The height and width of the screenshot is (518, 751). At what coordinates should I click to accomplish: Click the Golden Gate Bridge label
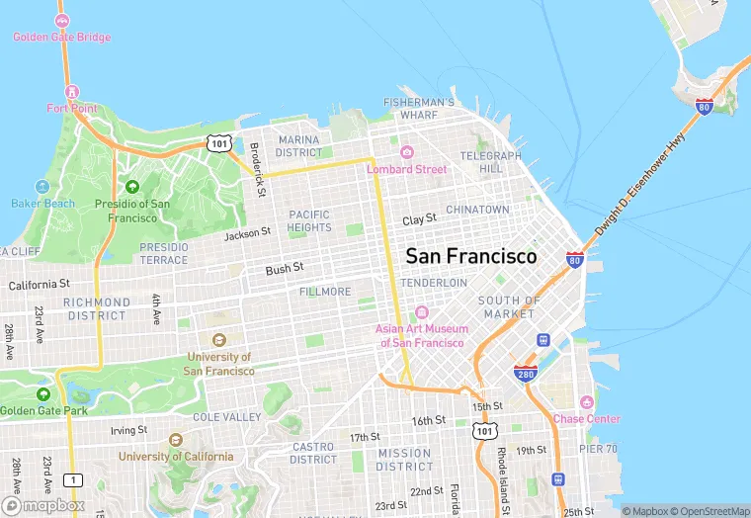click(x=61, y=38)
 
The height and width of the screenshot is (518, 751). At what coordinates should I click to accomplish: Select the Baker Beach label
click(x=42, y=204)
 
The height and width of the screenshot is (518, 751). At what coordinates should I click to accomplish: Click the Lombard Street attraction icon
click(x=406, y=152)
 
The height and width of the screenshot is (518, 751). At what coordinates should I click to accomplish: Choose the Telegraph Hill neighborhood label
click(x=490, y=162)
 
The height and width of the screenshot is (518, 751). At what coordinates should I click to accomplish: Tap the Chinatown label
click(x=477, y=210)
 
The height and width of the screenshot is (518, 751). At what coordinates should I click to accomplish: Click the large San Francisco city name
click(x=471, y=256)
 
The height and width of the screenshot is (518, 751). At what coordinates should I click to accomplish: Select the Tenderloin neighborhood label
click(x=434, y=283)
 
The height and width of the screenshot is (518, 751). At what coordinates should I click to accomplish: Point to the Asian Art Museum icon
click(x=422, y=312)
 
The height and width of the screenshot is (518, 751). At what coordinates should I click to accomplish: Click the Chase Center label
click(x=587, y=418)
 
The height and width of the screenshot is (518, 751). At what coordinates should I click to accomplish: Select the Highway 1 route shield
click(x=71, y=479)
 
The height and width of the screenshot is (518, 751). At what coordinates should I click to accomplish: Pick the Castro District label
click(x=313, y=453)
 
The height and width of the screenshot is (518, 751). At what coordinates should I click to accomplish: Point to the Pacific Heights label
click(x=309, y=220)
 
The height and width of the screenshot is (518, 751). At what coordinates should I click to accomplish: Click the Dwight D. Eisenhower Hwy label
click(x=639, y=185)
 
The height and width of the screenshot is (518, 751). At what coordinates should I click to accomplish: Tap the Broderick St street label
click(x=257, y=168)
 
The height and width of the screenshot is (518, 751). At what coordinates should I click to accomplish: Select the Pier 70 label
click(x=598, y=448)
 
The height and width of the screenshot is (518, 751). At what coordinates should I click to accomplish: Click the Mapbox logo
click(x=43, y=504)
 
